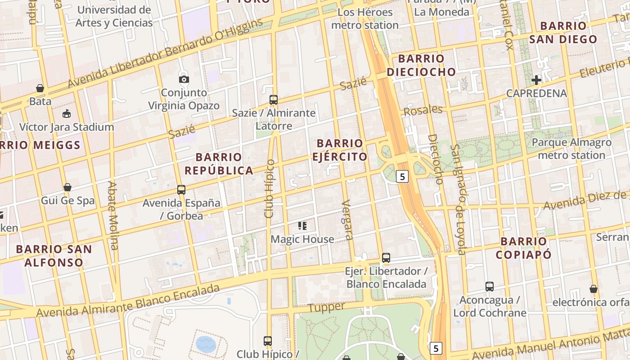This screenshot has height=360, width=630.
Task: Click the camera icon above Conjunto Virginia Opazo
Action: [x=184, y=79]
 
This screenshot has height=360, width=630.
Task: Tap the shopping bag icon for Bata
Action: [x=40, y=88]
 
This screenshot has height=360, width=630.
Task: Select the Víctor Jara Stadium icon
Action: [x=67, y=113]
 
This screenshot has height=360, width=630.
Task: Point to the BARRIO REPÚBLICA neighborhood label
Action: [x=219, y=164]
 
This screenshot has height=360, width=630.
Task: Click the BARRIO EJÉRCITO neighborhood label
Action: [x=340, y=150]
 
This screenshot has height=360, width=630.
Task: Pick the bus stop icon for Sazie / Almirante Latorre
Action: [x=273, y=100]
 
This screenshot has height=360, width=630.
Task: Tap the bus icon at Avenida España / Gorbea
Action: [x=181, y=190]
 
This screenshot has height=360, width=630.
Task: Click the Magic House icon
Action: [x=302, y=226]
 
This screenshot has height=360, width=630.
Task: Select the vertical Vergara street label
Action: [x=346, y=220]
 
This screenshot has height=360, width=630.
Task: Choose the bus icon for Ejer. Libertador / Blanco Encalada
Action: [x=386, y=258]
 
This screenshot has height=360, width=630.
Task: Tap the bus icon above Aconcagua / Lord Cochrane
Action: [x=489, y=287]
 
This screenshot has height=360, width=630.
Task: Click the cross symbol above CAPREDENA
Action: [x=536, y=81]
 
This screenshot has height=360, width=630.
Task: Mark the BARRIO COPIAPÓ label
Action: [x=523, y=248]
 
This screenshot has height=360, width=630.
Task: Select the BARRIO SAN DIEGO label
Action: [x=563, y=32]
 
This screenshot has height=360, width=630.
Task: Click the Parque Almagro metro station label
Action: [x=571, y=149]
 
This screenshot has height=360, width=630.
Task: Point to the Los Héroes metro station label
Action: [x=365, y=19]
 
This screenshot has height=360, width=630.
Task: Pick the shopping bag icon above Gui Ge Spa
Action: [x=67, y=187]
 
